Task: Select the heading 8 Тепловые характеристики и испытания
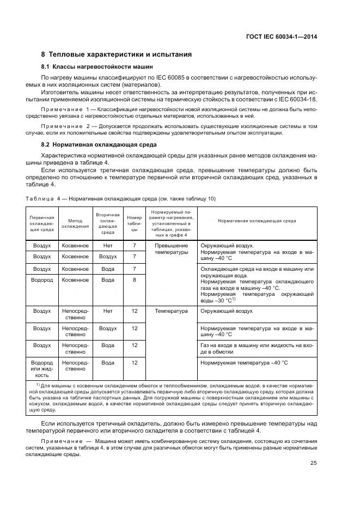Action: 117,54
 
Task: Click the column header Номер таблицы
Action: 134,223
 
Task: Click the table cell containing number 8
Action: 134,280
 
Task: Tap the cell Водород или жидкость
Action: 42,369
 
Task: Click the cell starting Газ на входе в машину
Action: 257,349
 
